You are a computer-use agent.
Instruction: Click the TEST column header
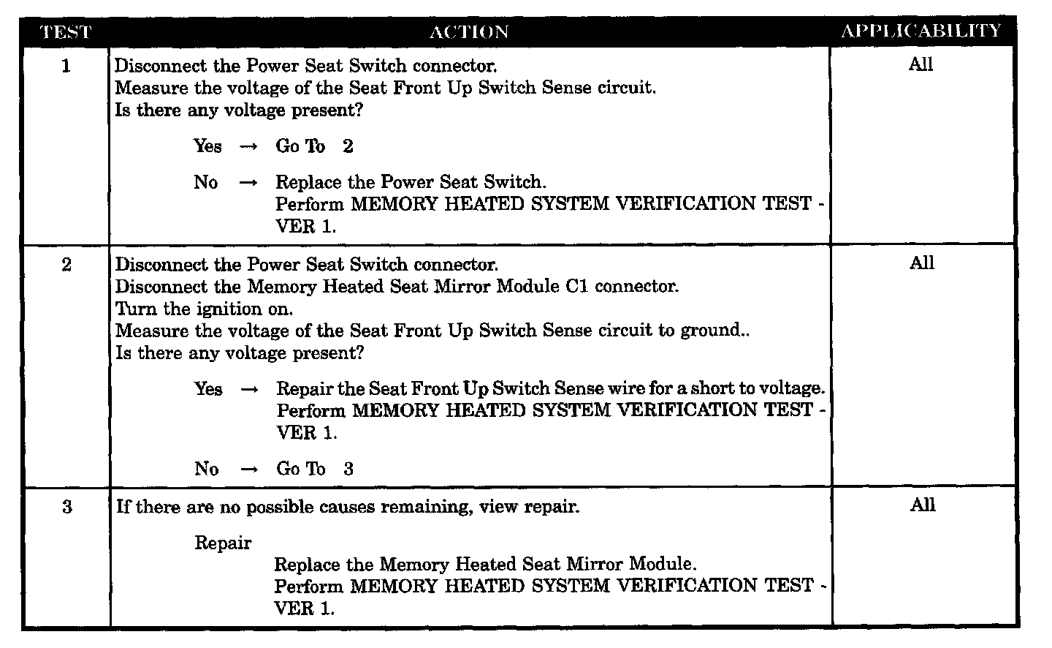(x=66, y=32)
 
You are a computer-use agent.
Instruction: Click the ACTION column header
(x=469, y=32)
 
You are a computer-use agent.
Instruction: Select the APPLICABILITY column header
(x=920, y=31)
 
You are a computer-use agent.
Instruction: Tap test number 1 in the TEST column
(x=66, y=67)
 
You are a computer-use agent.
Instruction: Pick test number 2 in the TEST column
(x=66, y=265)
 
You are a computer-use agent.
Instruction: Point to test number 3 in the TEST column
(x=67, y=507)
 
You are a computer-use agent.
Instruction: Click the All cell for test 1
(x=920, y=65)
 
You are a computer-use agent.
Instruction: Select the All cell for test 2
(x=921, y=263)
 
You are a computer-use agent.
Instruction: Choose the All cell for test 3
(x=922, y=505)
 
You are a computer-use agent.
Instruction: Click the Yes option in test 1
(x=207, y=146)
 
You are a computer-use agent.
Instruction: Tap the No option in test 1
(x=206, y=182)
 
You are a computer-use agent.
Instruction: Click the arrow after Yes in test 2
(x=249, y=390)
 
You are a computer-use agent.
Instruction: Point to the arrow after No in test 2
(x=249, y=470)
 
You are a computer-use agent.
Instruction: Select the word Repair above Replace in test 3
(x=223, y=543)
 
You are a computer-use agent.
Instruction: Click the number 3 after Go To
(x=348, y=469)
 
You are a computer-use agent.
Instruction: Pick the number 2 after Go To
(x=348, y=146)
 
